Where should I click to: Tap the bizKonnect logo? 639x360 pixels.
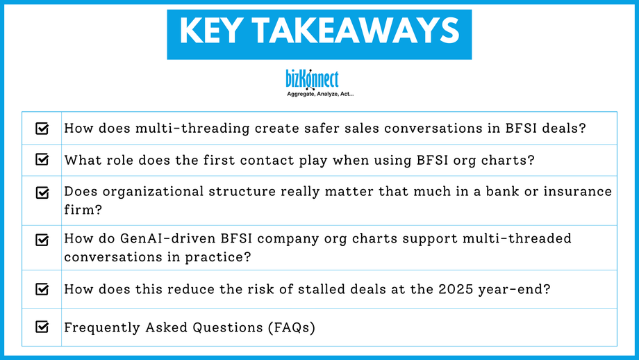(x=312, y=79)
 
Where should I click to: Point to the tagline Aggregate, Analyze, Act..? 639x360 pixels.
(x=320, y=93)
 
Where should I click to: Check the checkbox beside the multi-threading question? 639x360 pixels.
(x=42, y=129)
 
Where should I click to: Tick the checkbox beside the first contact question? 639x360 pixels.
(x=42, y=160)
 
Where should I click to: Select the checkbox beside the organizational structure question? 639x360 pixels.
(x=42, y=192)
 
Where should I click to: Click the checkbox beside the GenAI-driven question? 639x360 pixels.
(x=42, y=240)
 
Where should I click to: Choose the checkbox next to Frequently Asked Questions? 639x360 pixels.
(x=42, y=327)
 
